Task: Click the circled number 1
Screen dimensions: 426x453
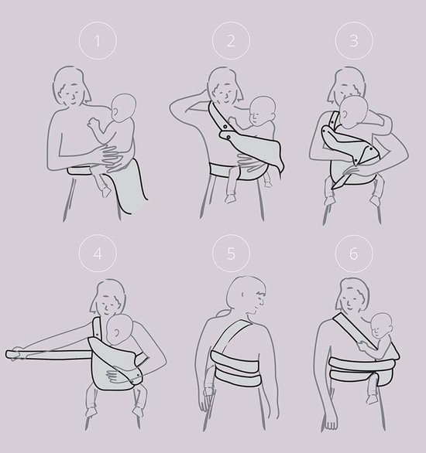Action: point(98,41)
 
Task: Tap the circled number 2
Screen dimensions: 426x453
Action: point(231,41)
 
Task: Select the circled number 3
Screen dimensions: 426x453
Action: point(354,41)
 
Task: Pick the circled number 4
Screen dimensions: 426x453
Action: point(98,254)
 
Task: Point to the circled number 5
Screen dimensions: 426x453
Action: point(231,254)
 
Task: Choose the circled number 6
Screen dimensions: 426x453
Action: point(354,254)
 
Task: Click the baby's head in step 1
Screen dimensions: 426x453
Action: point(124,107)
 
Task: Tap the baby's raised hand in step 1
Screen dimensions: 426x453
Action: point(93,124)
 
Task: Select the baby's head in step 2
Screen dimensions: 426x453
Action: point(262,111)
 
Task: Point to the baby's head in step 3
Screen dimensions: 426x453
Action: point(353,112)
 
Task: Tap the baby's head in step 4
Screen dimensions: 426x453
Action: point(119,329)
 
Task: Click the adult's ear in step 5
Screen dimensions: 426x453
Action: point(243,295)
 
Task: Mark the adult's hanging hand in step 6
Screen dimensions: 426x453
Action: point(331,422)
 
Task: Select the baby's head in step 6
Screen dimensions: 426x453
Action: point(381,325)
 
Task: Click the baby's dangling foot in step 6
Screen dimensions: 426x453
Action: point(372,400)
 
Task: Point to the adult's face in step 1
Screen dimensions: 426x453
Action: point(72,94)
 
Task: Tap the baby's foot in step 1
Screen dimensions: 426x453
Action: point(105,191)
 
